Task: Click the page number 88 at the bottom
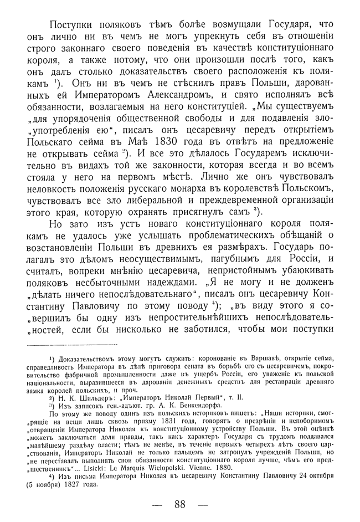point(179,504)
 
